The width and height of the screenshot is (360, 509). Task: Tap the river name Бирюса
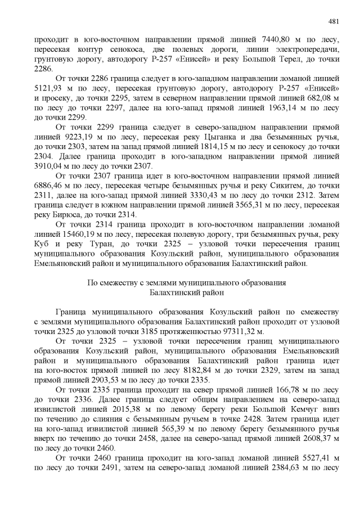(x=73, y=214)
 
